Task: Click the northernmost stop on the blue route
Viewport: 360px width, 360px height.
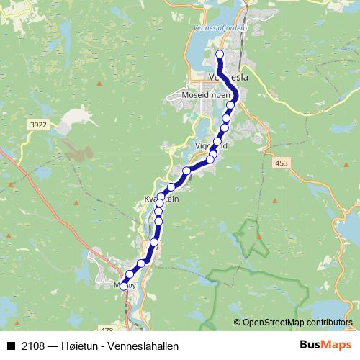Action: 220,54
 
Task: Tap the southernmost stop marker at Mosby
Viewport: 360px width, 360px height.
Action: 124,286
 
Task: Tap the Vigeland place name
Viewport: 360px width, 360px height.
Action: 211,145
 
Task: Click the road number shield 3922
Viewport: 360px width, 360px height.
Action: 39,125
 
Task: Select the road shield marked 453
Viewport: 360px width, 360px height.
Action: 282,165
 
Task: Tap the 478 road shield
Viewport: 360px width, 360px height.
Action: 108,329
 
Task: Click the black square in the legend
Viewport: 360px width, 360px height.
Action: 12,346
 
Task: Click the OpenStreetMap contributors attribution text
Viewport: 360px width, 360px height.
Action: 298,322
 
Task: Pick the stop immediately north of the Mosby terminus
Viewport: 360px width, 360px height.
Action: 130,274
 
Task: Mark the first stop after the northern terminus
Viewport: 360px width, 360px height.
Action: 230,105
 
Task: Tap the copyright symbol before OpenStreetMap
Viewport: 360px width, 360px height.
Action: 238,322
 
